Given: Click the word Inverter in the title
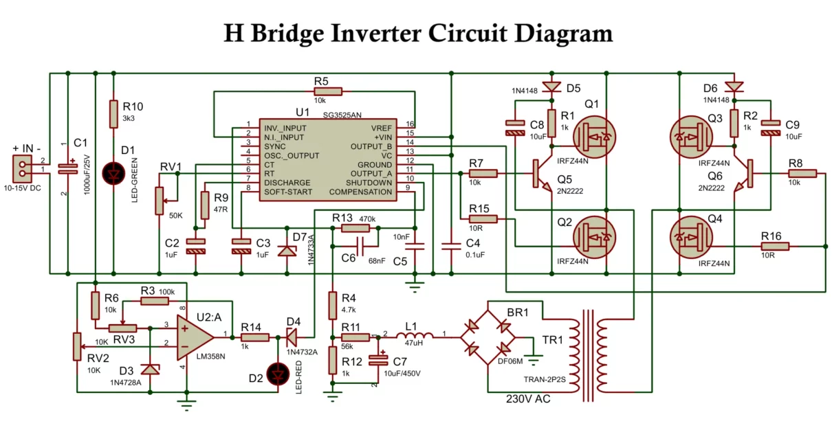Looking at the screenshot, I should tap(427, 32).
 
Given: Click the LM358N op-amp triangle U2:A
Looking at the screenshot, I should tap(195, 337).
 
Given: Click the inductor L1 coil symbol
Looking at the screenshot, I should tap(419, 337).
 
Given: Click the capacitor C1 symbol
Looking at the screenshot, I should tap(68, 167).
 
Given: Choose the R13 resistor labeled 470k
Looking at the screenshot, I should tap(355, 228).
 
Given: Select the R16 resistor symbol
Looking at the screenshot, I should tap(774, 246).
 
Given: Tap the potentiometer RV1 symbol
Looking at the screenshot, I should tap(160, 199).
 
